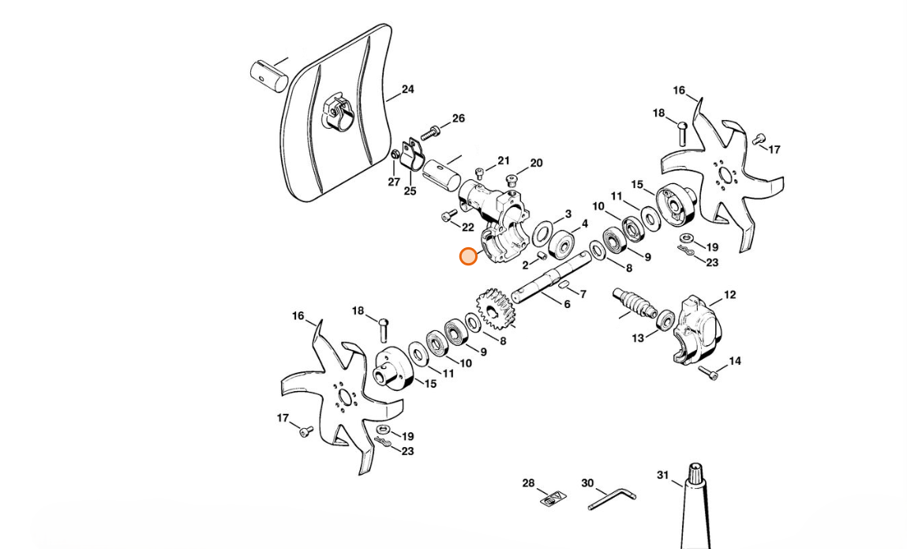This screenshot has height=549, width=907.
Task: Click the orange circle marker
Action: click(x=468, y=257)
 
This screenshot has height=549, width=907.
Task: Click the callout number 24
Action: click(x=407, y=90)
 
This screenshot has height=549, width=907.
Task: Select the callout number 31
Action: click(x=663, y=475)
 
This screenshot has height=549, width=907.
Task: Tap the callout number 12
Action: click(x=729, y=295)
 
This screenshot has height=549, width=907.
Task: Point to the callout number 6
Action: click(x=567, y=304)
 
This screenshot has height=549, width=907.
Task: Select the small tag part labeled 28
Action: click(x=553, y=498)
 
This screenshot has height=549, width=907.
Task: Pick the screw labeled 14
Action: click(x=712, y=375)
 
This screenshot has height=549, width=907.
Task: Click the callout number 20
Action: click(x=536, y=164)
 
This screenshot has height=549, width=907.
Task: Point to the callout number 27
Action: click(x=394, y=182)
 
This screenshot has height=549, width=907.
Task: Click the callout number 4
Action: click(x=584, y=224)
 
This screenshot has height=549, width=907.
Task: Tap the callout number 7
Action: click(x=583, y=295)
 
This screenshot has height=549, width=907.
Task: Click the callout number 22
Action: click(x=468, y=227)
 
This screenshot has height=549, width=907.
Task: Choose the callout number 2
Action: click(x=525, y=265)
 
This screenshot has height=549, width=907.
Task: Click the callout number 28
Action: click(x=528, y=483)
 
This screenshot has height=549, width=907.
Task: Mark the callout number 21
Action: click(x=504, y=161)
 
